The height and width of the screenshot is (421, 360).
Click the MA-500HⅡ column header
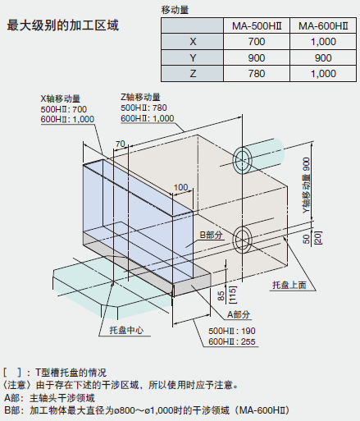257,26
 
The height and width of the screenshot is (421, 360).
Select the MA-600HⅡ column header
323,26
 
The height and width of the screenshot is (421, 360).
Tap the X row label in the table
193,42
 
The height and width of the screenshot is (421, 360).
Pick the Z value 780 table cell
257,74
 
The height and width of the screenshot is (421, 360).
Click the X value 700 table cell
257,42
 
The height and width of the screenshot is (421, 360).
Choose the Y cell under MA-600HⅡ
323,57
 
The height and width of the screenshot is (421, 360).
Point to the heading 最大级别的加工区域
63,25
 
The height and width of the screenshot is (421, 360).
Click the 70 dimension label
121,144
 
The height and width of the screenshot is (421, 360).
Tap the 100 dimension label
181,187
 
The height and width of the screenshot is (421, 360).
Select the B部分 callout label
211,235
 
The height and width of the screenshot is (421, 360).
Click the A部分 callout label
239,314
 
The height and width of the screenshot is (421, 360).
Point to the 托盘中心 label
126,330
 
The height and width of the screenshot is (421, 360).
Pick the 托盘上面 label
289,285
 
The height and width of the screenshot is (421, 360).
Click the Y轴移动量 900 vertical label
308,185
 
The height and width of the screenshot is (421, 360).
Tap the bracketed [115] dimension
233,295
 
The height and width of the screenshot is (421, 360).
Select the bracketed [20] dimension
318,238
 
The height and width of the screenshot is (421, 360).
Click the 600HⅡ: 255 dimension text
232,341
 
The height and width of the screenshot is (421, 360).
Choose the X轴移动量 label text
61,98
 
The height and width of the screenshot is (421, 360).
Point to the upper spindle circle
242,160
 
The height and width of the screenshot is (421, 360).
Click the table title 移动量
175,10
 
